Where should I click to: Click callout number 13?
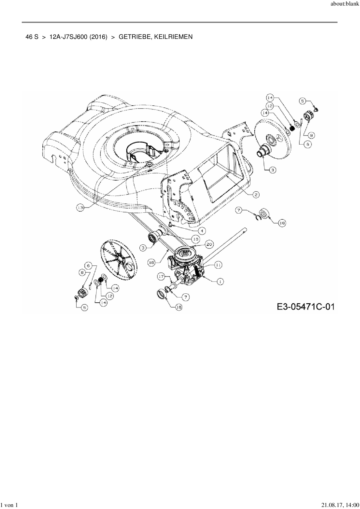pos(80,207)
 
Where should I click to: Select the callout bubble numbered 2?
pos(255,194)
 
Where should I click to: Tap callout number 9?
pos(311,135)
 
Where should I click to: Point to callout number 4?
pos(202,231)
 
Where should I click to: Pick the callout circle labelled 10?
pos(195,239)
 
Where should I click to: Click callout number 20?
pos(209,244)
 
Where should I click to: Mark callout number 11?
pos(218,265)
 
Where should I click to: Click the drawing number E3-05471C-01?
pos(305,306)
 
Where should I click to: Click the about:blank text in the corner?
pos(345,4)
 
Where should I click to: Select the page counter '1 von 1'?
pos(10,505)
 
